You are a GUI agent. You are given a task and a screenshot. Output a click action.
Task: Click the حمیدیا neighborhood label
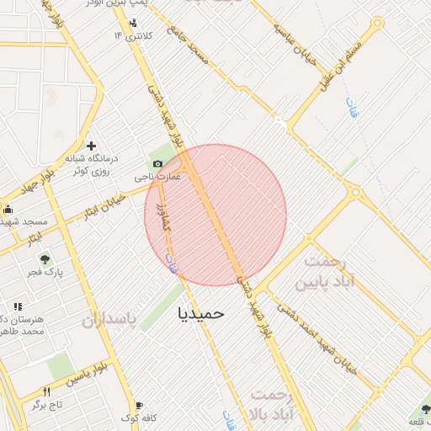[x=202, y=312]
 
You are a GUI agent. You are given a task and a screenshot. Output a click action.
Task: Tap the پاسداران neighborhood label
[x=109, y=321]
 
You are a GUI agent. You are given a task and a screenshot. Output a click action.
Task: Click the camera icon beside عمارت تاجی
[x=157, y=163]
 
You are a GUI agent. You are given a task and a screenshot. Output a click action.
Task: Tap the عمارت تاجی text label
[x=157, y=178]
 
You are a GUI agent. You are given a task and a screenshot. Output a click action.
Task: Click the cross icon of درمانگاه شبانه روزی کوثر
[x=91, y=146]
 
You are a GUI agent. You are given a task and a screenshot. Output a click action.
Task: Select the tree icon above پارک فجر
[x=45, y=260]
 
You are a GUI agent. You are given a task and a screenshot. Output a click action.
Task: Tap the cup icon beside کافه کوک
[x=139, y=405]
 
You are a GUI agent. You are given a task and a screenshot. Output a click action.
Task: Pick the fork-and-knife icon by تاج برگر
[x=46, y=391]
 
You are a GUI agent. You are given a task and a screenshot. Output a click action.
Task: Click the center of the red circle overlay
[x=215, y=215]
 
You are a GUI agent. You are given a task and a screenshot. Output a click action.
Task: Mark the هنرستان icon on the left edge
[x=16, y=307]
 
